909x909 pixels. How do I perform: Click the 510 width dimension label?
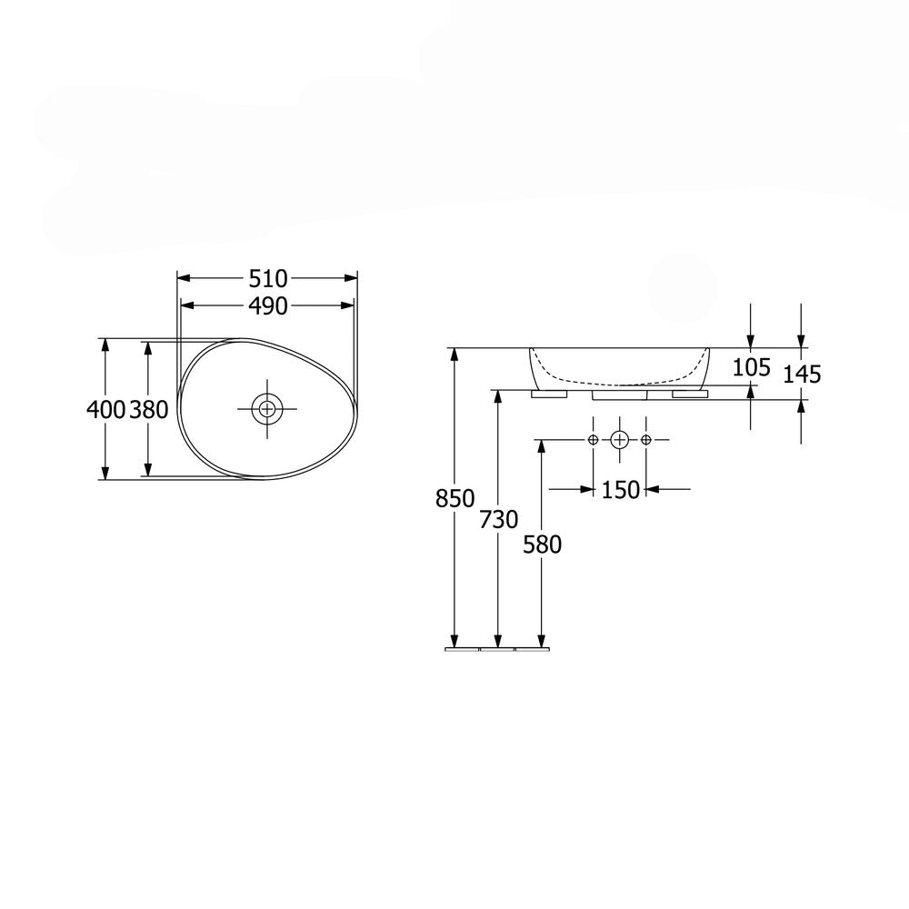(268, 279)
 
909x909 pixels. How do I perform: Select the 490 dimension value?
(268, 306)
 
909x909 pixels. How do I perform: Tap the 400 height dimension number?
(106, 410)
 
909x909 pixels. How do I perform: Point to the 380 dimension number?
(148, 410)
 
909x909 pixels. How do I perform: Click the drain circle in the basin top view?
(266, 409)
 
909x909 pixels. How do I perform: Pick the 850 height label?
(455, 498)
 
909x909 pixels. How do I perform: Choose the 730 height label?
(498, 520)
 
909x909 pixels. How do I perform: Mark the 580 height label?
(542, 544)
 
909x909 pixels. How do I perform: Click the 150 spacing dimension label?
(620, 491)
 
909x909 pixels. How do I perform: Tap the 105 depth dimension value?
(752, 367)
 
